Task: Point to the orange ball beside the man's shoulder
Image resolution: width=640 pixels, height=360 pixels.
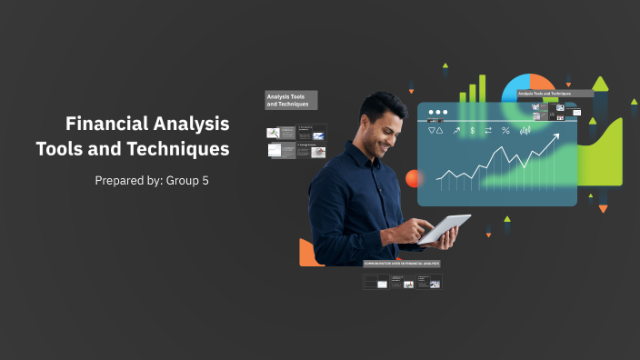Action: point(415,178)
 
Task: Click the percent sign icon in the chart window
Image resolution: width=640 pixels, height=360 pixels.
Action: point(505,130)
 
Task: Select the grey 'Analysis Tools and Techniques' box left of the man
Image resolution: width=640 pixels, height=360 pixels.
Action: point(291,100)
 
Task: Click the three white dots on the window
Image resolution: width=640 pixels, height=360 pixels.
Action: point(438,112)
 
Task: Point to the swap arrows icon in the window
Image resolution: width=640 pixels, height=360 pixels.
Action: point(488,130)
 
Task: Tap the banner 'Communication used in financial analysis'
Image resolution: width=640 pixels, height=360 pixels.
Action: point(401,264)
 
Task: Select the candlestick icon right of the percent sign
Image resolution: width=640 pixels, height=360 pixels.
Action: point(525,130)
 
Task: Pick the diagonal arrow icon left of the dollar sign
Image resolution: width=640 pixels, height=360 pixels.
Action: point(456,130)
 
